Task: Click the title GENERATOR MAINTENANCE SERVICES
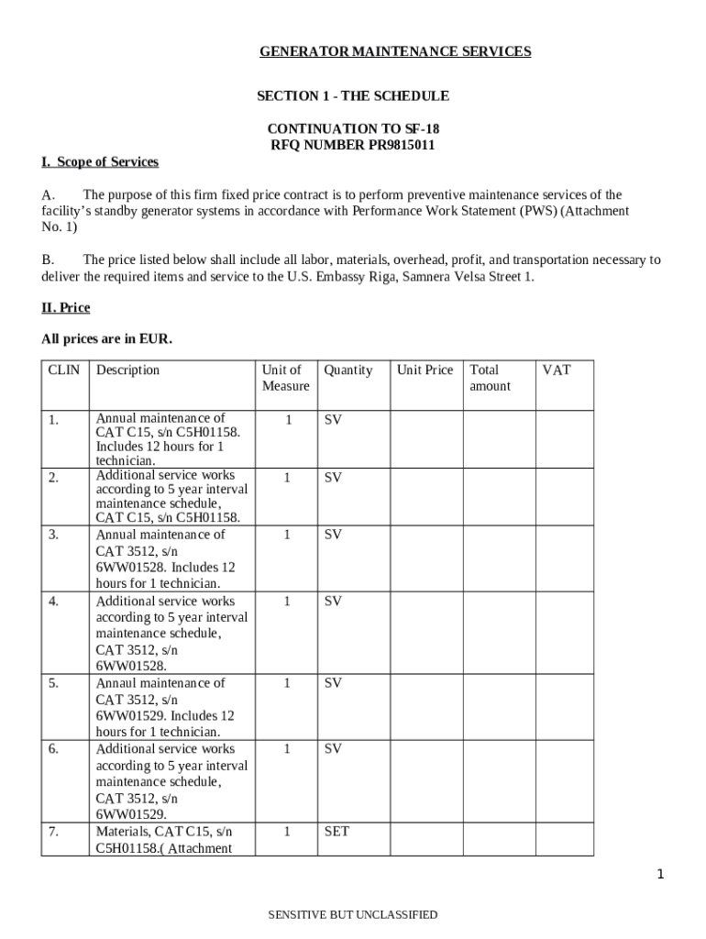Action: tap(395, 51)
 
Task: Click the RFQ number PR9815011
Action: tap(402, 145)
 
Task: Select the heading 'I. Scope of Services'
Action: tap(100, 162)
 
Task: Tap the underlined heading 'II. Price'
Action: tap(66, 308)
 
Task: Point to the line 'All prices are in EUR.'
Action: tap(106, 339)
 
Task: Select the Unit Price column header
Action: tap(425, 370)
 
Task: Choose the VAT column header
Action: tap(556, 370)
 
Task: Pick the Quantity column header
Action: tap(348, 370)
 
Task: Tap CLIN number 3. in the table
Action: tap(55, 535)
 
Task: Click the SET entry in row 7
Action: tap(336, 833)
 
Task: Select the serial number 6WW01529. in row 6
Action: tap(131, 814)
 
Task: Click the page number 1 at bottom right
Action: tap(659, 875)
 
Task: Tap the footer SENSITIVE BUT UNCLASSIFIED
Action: tap(353, 914)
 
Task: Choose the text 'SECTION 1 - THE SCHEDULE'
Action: tap(352, 96)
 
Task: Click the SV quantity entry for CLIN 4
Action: tap(333, 602)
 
